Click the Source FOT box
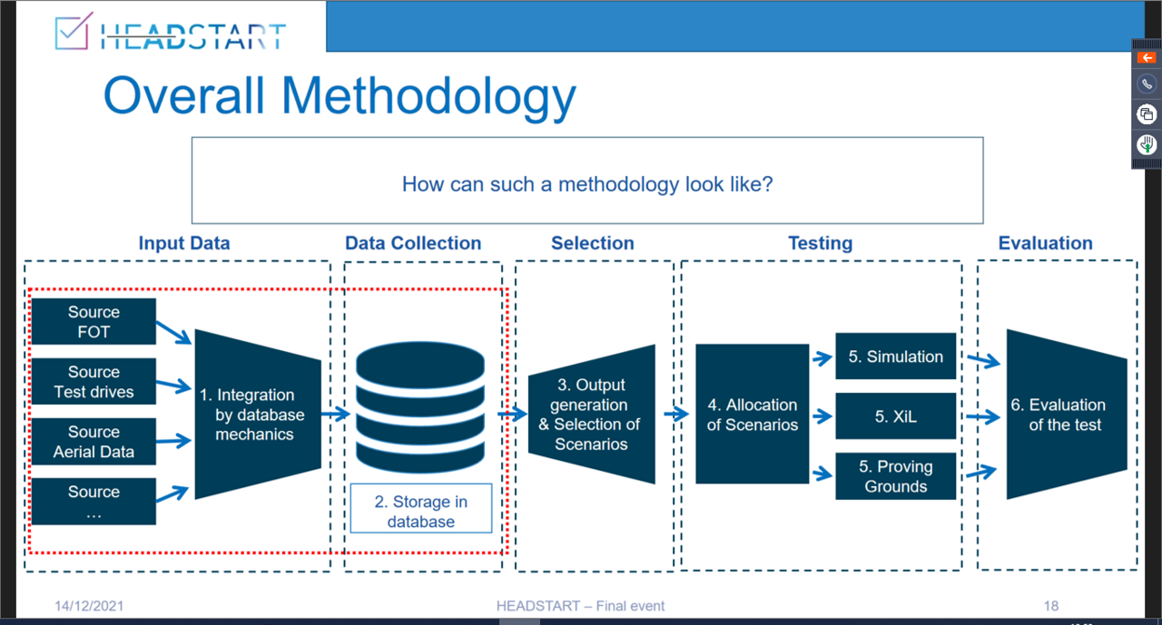94,322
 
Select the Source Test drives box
94,382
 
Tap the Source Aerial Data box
94,442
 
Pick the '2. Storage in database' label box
421,512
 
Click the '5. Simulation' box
895,356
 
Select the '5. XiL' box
895,416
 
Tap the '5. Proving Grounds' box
895,476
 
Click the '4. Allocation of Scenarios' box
752,415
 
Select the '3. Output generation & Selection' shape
591,415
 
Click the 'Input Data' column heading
184,243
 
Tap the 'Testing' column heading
820,243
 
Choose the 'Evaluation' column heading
1045,243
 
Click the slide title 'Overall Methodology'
340,96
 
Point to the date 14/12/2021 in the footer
89,606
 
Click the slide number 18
1050,606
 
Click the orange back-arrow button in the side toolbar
1147,57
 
